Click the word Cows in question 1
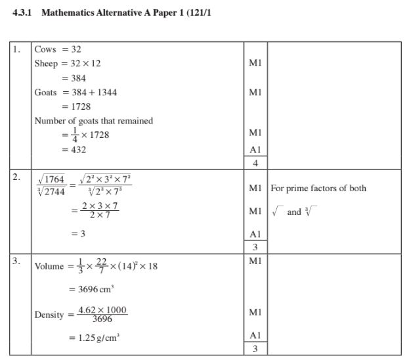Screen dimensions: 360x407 [x=45, y=49]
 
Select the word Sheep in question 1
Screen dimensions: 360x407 [x=46, y=64]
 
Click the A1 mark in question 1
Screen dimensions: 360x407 [x=255, y=150]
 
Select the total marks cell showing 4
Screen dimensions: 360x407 [x=255, y=164]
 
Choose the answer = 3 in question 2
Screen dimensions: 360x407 [x=78, y=233]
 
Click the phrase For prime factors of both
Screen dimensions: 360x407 [x=318, y=189]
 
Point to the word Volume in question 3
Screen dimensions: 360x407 [x=47, y=267]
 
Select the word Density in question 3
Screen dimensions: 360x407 [x=49, y=315]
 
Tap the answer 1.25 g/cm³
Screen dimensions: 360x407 [x=97, y=338]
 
